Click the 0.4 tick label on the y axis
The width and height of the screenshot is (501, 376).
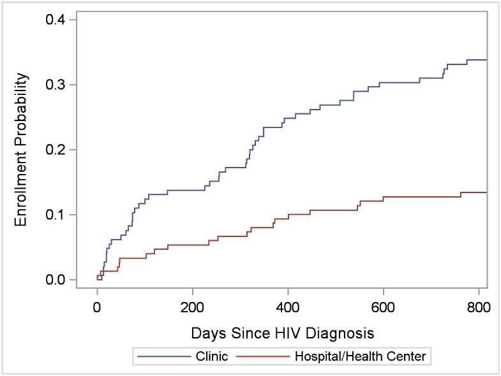tap(55, 19)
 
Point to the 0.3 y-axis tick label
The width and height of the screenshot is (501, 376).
tap(55, 85)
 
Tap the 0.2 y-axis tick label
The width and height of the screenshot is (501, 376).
tap(55, 150)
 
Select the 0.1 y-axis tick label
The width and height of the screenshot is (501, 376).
tap(55, 215)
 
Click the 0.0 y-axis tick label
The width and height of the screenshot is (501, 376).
tap(55, 280)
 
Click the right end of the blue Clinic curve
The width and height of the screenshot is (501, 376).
tap(487, 60)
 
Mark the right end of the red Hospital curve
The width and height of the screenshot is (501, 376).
tap(487, 192)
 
